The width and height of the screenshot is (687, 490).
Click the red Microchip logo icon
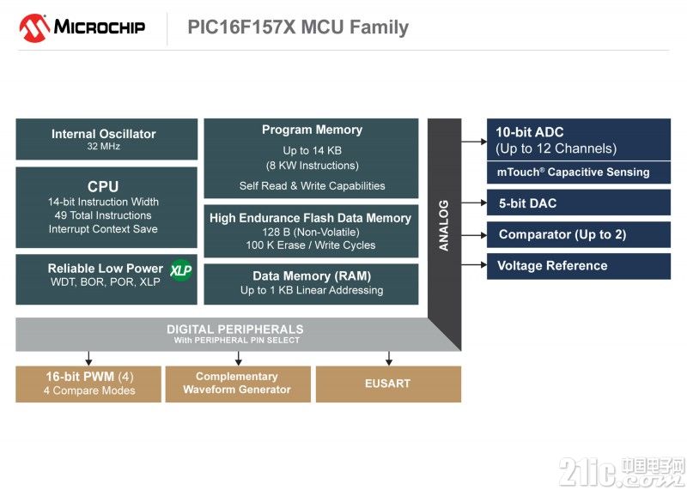point(33,27)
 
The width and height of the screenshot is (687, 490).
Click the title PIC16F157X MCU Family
point(298,27)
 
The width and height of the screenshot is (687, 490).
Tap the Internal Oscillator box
point(106,139)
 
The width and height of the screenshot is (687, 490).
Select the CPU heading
point(103,186)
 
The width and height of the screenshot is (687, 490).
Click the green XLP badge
point(179,270)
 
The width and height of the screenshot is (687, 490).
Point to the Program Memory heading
point(312,130)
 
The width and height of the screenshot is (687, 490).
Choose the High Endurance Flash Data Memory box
point(311,231)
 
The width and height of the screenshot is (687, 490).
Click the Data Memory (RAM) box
point(311,283)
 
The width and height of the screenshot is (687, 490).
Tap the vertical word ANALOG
point(444,225)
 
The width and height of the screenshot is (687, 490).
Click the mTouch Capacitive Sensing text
point(573,172)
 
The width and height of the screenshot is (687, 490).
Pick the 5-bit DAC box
point(578,203)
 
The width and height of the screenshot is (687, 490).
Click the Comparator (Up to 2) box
point(578,234)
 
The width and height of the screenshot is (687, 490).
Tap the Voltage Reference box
point(578,266)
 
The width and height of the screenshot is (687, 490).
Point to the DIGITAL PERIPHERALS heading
point(234,330)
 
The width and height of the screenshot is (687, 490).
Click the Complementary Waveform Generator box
point(237,384)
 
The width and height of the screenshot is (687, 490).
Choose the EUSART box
point(387,384)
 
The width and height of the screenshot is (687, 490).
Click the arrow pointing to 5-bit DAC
point(473,203)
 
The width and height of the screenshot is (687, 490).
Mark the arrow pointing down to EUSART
point(389,359)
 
